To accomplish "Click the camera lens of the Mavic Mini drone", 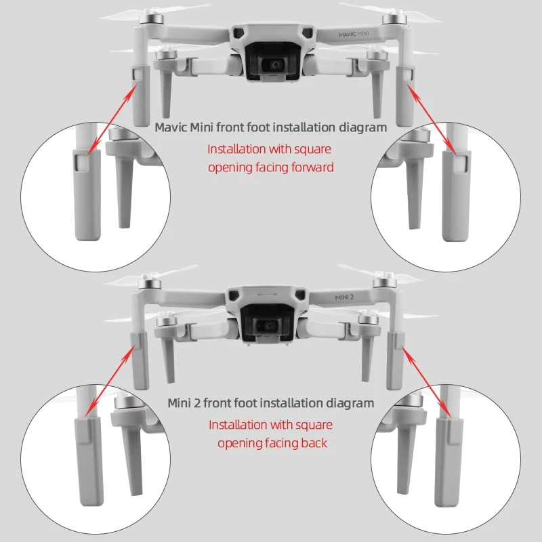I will coord(276,65).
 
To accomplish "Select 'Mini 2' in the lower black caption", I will coord(184,403).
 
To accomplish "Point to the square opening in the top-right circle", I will coord(461,162).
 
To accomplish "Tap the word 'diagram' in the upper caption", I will coord(362,127).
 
